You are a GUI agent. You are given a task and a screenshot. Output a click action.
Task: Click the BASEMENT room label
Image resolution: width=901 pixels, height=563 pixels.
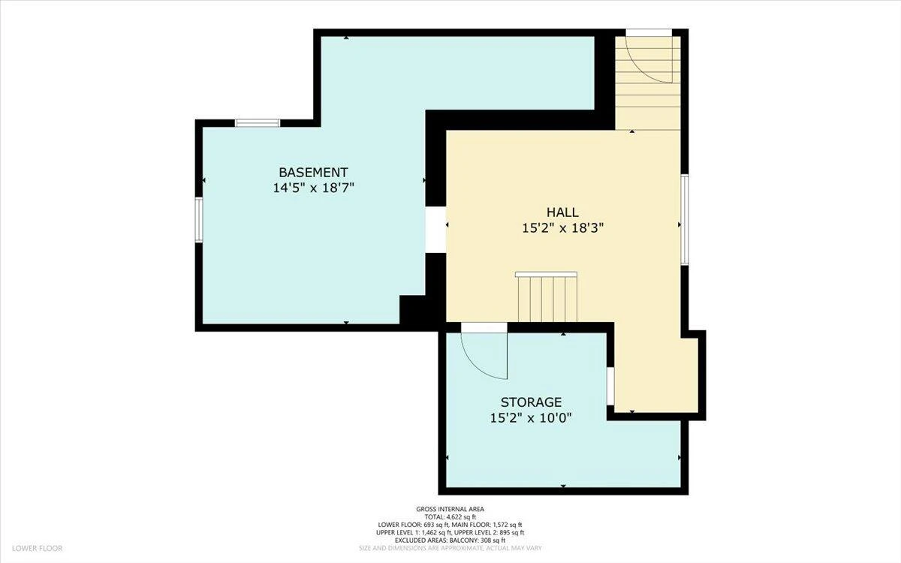tap(313, 173)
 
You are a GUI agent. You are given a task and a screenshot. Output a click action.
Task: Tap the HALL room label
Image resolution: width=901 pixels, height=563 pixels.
tap(562, 212)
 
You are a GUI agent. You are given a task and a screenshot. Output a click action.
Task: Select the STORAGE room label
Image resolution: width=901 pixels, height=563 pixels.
tap(531, 402)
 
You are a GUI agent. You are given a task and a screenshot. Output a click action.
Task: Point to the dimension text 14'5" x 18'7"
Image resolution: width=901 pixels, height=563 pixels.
tap(313, 188)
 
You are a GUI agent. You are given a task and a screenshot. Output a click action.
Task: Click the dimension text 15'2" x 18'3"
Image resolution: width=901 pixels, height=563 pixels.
tap(562, 228)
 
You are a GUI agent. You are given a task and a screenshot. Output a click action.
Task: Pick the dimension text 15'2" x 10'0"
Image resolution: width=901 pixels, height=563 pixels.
tap(531, 418)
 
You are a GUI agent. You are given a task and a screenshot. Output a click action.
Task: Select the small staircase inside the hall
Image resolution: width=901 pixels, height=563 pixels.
tap(547, 297)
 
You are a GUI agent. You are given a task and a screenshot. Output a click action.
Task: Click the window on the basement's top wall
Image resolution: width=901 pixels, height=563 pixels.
tap(258, 122)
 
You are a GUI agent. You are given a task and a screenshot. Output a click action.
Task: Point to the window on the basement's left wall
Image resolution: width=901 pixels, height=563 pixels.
tap(199, 219)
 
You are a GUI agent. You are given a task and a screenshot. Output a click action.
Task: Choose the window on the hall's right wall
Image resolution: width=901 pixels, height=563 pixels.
tap(685, 219)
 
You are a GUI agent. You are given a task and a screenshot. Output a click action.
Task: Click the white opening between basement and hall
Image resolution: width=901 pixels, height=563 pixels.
tap(435, 230)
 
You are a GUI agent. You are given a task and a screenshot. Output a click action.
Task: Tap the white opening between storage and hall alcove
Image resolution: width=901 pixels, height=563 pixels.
tap(610, 386)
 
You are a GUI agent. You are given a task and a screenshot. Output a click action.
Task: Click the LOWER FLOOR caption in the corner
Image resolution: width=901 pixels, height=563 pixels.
tap(38, 548)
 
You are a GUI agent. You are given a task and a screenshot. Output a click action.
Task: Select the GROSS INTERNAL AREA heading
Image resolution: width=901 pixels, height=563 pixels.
tap(450, 509)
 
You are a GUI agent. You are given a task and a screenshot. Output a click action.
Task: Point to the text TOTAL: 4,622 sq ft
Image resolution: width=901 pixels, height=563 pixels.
tap(450, 517)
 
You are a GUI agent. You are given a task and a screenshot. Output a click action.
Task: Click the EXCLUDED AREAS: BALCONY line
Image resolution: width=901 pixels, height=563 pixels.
tap(450, 540)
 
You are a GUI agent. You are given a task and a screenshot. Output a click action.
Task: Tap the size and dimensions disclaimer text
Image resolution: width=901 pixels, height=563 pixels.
tap(450, 548)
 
